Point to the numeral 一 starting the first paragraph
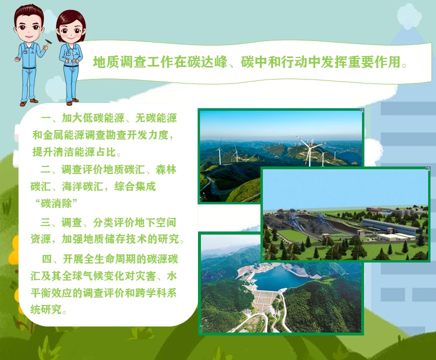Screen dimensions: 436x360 (x=46, y=118)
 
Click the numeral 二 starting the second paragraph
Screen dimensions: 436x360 (x=45, y=169)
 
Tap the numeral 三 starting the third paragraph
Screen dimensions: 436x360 (x=45, y=222)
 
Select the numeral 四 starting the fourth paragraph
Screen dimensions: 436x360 (x=46, y=259)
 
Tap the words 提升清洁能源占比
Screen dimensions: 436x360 (x=74, y=152)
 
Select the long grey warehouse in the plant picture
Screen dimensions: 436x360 (x=392, y=226)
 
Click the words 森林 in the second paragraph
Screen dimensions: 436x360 (x=166, y=169)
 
